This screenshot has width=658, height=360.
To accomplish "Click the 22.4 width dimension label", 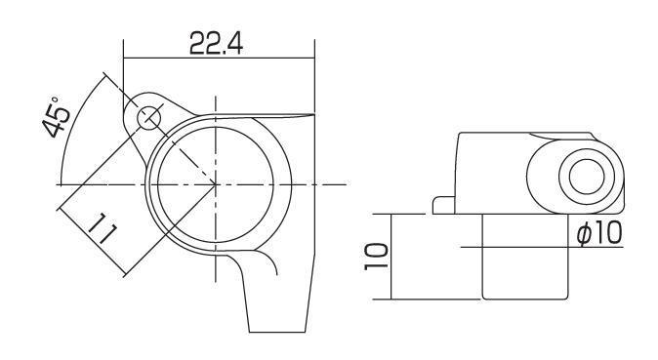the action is [x=216, y=43].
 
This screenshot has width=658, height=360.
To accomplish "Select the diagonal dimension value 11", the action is [x=102, y=228].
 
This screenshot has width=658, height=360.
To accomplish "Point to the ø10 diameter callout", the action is [x=599, y=233].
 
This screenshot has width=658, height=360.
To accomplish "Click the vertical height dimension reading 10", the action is [x=376, y=256].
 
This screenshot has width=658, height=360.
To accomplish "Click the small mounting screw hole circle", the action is [x=149, y=118].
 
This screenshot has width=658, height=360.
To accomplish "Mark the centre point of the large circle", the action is [x=216, y=184].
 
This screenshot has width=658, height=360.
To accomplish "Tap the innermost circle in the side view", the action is [x=587, y=177].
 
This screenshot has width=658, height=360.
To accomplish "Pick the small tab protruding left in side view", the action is [x=443, y=205].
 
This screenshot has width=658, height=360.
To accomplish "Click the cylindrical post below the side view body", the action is [x=525, y=257].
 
